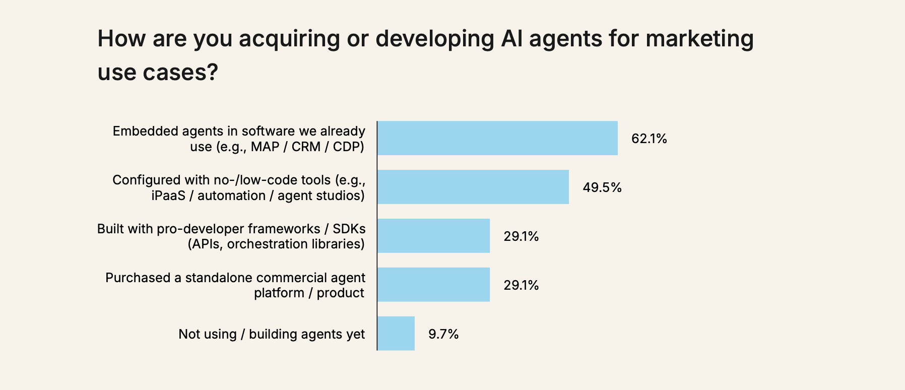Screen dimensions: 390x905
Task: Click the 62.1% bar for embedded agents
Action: (497, 138)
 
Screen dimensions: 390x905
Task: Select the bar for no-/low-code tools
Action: (473, 187)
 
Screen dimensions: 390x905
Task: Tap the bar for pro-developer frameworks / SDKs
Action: (433, 236)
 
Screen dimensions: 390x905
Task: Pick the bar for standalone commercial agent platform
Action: (433, 285)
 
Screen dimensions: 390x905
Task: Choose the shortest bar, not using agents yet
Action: (396, 334)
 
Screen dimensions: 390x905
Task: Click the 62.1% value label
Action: (649, 139)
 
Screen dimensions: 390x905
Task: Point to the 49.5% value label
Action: (602, 187)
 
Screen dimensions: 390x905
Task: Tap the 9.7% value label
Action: (443, 334)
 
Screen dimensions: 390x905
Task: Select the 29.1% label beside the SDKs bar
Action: (521, 236)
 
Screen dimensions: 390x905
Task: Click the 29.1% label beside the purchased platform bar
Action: (521, 285)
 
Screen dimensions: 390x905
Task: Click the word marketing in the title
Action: (699, 39)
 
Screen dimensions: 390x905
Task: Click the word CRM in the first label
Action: (306, 147)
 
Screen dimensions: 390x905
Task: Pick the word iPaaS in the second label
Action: (168, 196)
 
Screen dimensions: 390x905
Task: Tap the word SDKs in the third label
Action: (349, 229)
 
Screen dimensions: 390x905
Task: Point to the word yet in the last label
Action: (355, 335)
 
